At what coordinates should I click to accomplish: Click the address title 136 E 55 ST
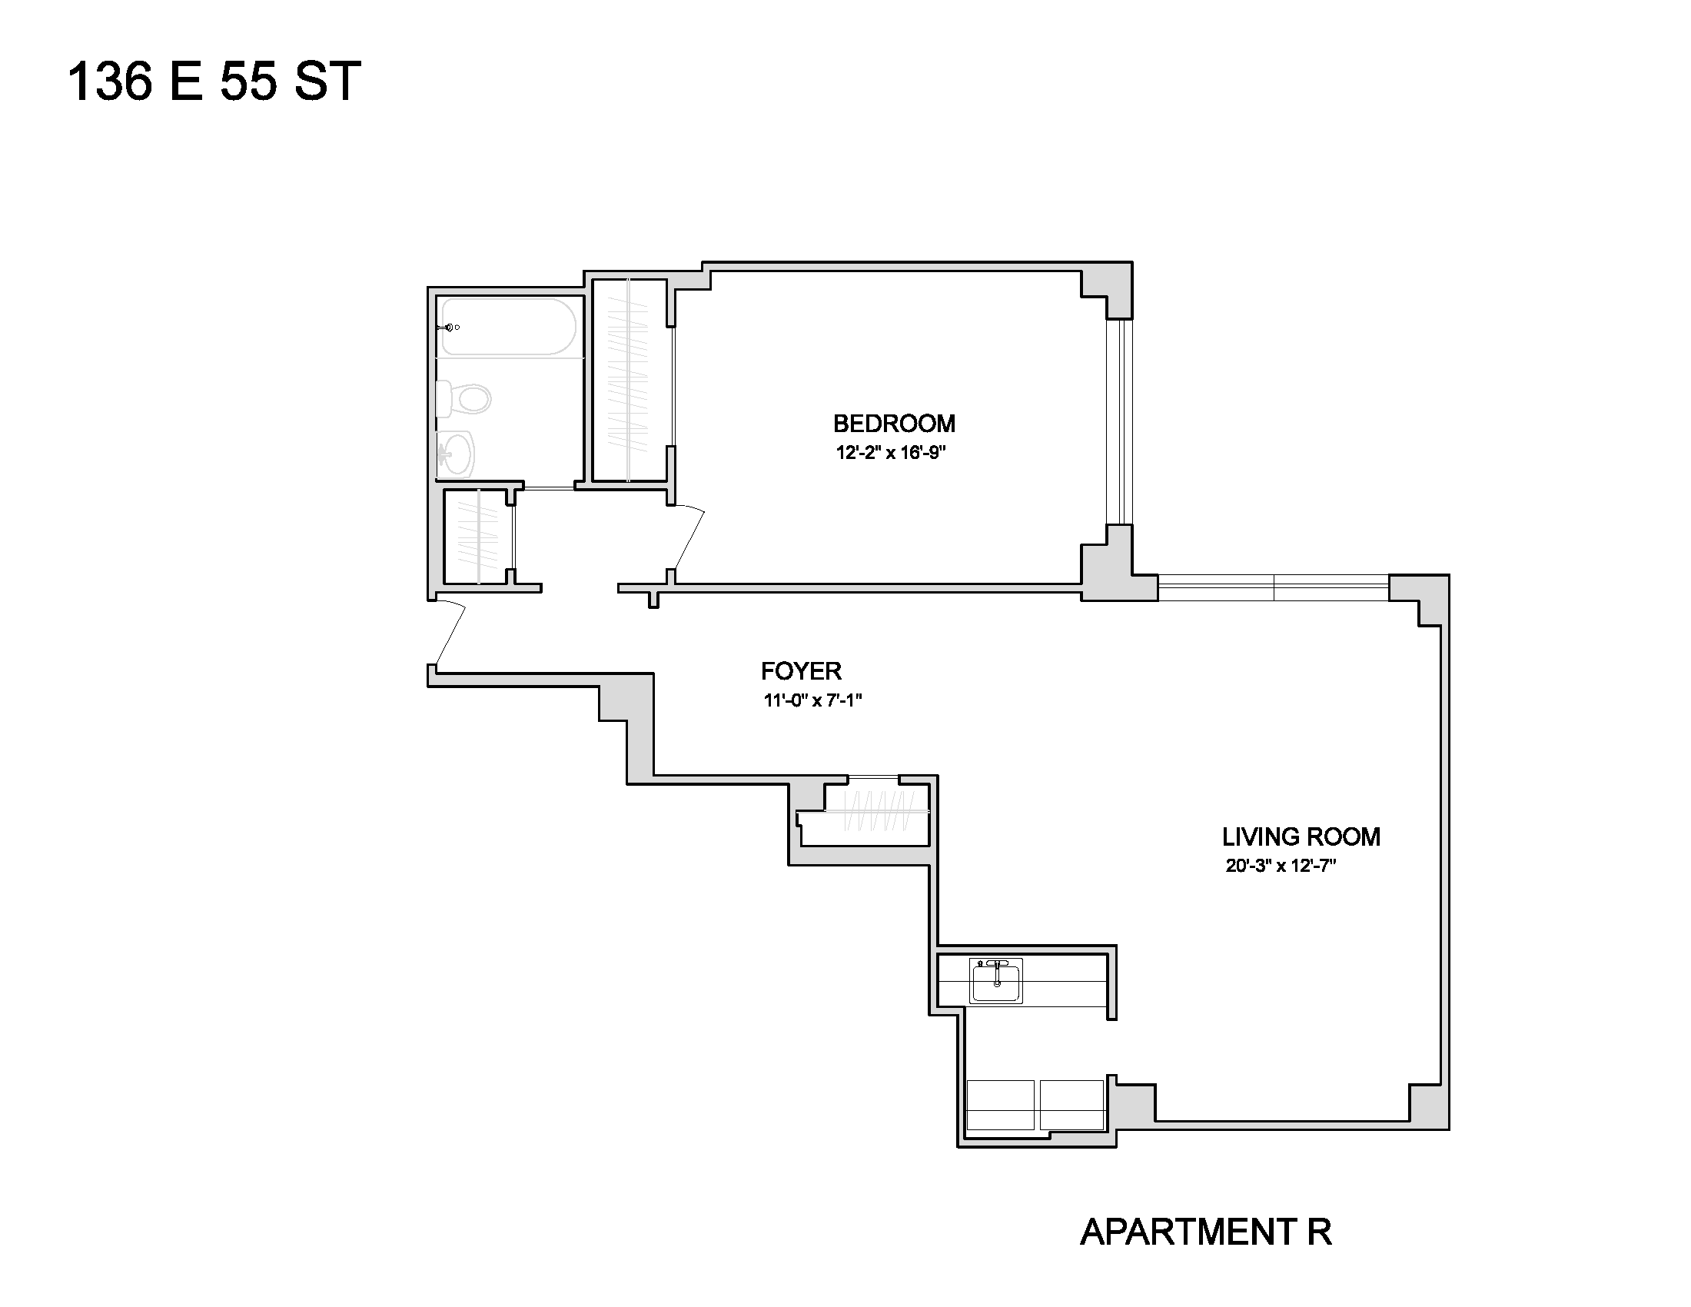tap(214, 81)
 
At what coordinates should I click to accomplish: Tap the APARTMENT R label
tap(1205, 1232)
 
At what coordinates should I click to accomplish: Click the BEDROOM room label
tap(893, 424)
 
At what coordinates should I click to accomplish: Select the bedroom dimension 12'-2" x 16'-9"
tap(891, 453)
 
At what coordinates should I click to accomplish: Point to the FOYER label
tap(801, 670)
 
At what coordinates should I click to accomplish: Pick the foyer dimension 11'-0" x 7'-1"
tap(813, 700)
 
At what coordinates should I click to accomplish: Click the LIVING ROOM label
tap(1301, 836)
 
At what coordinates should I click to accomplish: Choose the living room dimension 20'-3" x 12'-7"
tap(1281, 866)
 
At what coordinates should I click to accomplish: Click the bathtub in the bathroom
tap(510, 327)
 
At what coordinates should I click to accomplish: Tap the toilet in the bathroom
tap(463, 400)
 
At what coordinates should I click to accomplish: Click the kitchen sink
tap(996, 980)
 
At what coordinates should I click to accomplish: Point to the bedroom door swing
tap(689, 538)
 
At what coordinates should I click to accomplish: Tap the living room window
tap(1274, 587)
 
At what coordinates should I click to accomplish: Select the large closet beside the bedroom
tap(630, 380)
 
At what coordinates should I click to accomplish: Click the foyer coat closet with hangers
tap(875, 810)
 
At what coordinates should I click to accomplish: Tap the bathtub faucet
tap(450, 328)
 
